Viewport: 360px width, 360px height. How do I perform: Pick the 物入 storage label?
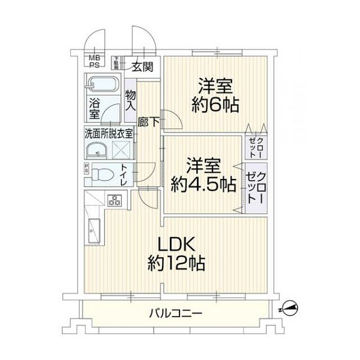(x=130, y=100)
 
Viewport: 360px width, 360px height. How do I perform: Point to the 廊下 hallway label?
(x=148, y=121)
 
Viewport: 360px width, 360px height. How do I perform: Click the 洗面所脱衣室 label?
(x=109, y=133)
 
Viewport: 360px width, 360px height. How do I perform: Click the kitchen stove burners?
(x=116, y=200)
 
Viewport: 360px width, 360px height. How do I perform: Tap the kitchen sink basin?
(x=92, y=231)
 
